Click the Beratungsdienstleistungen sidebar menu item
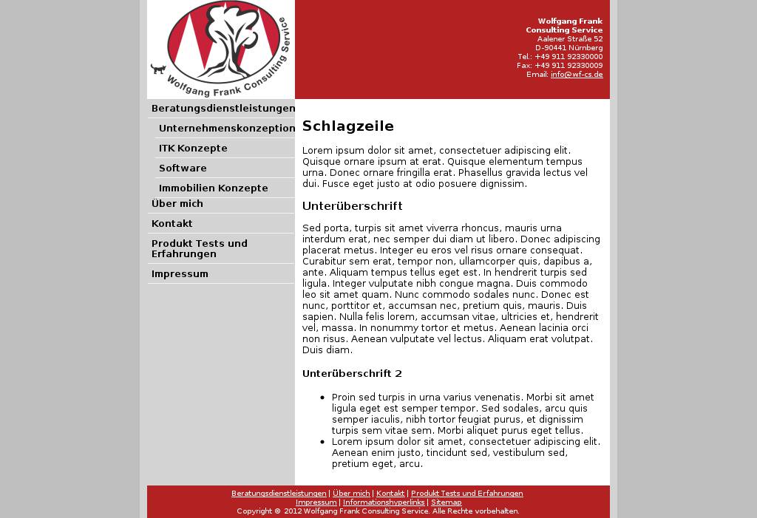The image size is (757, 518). point(223,109)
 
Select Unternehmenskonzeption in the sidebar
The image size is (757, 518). point(226,129)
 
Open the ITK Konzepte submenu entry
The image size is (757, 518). point(193,149)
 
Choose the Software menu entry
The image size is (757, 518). point(183,168)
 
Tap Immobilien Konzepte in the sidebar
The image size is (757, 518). point(213,188)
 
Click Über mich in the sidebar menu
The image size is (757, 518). point(177,204)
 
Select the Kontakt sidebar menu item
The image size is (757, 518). point(172,224)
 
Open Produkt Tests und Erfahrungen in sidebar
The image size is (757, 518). point(200,248)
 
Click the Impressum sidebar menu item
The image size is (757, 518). point(180,274)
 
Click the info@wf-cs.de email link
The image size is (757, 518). point(577,75)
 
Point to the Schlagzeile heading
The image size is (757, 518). point(347,126)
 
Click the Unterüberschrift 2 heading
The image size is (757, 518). point(352,374)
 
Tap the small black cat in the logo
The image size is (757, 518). point(157,69)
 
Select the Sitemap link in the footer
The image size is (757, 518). point(446,502)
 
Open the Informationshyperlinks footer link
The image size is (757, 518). point(384,502)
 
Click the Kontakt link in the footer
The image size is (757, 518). point(390,494)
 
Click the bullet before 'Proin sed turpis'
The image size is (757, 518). point(322,398)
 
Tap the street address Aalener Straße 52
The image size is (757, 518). point(569,39)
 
